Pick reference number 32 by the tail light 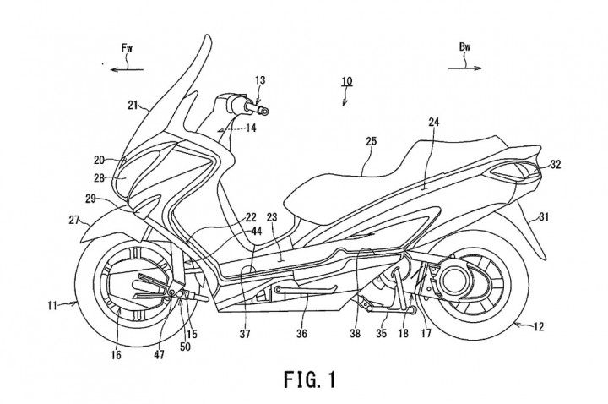tap(555, 164)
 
